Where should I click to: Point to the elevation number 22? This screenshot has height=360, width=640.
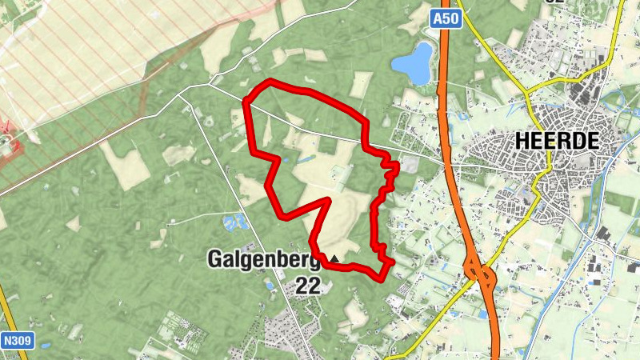point(308,285)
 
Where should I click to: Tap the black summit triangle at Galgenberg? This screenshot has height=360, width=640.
point(334,259)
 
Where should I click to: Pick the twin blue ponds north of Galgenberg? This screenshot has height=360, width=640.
point(234,222)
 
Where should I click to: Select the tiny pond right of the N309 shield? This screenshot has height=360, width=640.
point(45,346)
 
